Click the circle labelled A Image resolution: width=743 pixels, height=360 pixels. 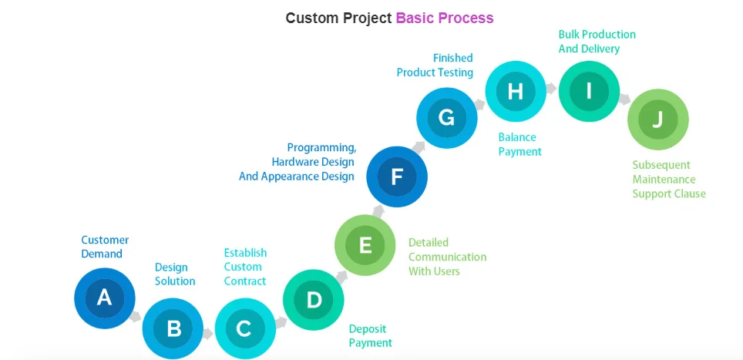pyautogui.click(x=105, y=298)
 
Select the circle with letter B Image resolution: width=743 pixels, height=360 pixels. pyautogui.click(x=173, y=328)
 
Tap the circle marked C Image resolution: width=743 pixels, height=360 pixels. pyautogui.click(x=245, y=328)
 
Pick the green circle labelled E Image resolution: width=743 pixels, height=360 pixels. pyautogui.click(x=365, y=245)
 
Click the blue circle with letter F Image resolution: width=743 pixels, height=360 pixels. pyautogui.click(x=397, y=177)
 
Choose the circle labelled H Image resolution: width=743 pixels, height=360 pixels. pyautogui.click(x=516, y=92)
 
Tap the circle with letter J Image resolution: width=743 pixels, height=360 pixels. pyautogui.click(x=657, y=119)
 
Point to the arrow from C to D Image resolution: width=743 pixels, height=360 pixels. pyautogui.click(x=281, y=322)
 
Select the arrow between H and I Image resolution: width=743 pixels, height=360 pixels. pyautogui.click(x=551, y=88)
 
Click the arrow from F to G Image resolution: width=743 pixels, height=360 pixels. pyautogui.click(x=418, y=146)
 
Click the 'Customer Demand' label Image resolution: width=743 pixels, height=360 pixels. pyautogui.click(x=105, y=247)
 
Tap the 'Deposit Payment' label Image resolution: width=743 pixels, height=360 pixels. pyautogui.click(x=371, y=336)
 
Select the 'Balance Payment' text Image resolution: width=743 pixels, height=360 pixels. pyautogui.click(x=519, y=144)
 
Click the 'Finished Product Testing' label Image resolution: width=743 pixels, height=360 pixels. pyautogui.click(x=435, y=65)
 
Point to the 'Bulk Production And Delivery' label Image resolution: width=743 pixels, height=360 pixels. pyautogui.click(x=597, y=42)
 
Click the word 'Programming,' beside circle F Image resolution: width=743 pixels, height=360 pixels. pyautogui.click(x=321, y=148)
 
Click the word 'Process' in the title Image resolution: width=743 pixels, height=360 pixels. pyautogui.click(x=467, y=18)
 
